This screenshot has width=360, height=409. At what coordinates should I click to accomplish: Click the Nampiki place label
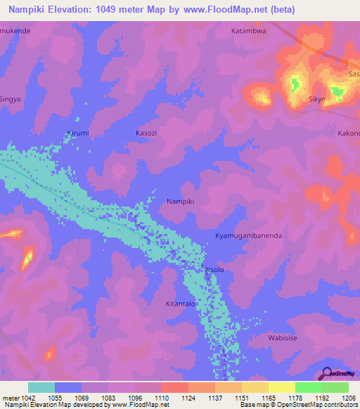point(180,202)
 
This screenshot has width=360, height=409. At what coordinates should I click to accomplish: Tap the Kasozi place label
point(147,133)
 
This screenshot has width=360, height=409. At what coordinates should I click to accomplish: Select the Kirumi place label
point(77,133)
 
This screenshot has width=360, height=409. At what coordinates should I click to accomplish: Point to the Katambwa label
point(248,31)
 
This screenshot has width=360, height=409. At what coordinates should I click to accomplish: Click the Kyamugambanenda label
point(248,236)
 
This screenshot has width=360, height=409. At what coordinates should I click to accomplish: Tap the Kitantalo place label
point(180,304)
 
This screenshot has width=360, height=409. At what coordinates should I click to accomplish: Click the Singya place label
point(11,99)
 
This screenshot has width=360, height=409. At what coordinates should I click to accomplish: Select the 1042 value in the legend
point(27,398)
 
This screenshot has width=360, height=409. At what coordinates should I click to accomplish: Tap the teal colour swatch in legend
point(41,387)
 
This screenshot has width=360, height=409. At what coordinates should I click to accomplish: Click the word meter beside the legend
point(11,398)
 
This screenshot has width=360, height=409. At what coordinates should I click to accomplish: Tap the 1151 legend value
point(241,398)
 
